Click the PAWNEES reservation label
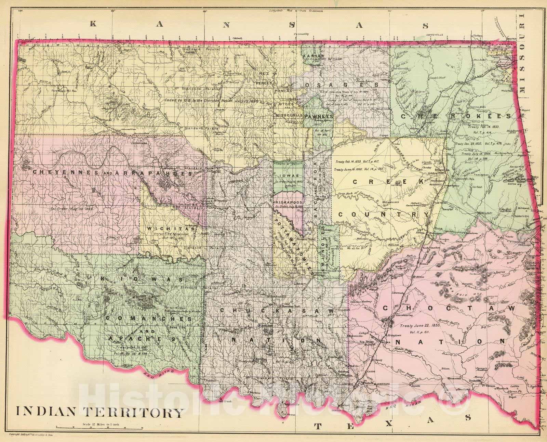[x=320, y=116]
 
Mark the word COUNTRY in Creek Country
[x=383, y=214]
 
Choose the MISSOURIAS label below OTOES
[x=289, y=116]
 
